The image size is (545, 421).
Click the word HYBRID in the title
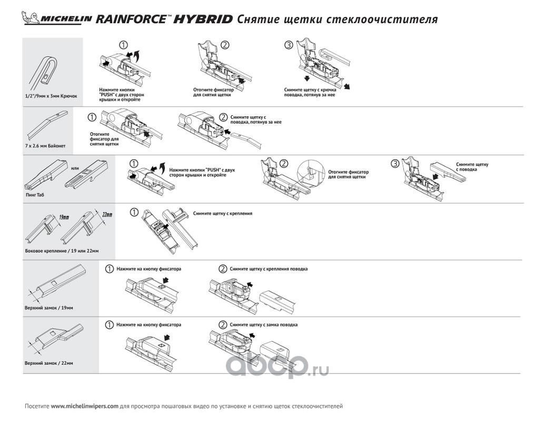[203, 19]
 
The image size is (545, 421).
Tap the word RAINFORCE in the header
[131, 19]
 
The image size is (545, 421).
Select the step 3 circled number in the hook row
[289, 45]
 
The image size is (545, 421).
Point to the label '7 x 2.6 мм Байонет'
[45, 146]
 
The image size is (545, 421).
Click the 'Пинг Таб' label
[35, 195]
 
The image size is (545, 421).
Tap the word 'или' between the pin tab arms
[75, 168]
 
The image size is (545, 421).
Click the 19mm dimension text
[64, 217]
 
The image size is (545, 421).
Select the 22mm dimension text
[107, 215]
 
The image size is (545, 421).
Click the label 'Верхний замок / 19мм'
[49, 308]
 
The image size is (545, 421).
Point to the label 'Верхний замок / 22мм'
[49, 363]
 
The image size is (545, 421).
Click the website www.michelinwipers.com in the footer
[84, 406]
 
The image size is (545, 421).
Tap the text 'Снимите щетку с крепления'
[222, 213]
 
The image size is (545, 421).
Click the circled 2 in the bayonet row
[223, 117]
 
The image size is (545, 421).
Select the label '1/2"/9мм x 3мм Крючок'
[52, 96]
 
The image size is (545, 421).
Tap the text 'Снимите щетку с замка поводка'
[263, 325]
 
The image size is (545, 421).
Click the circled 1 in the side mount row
[134, 212]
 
